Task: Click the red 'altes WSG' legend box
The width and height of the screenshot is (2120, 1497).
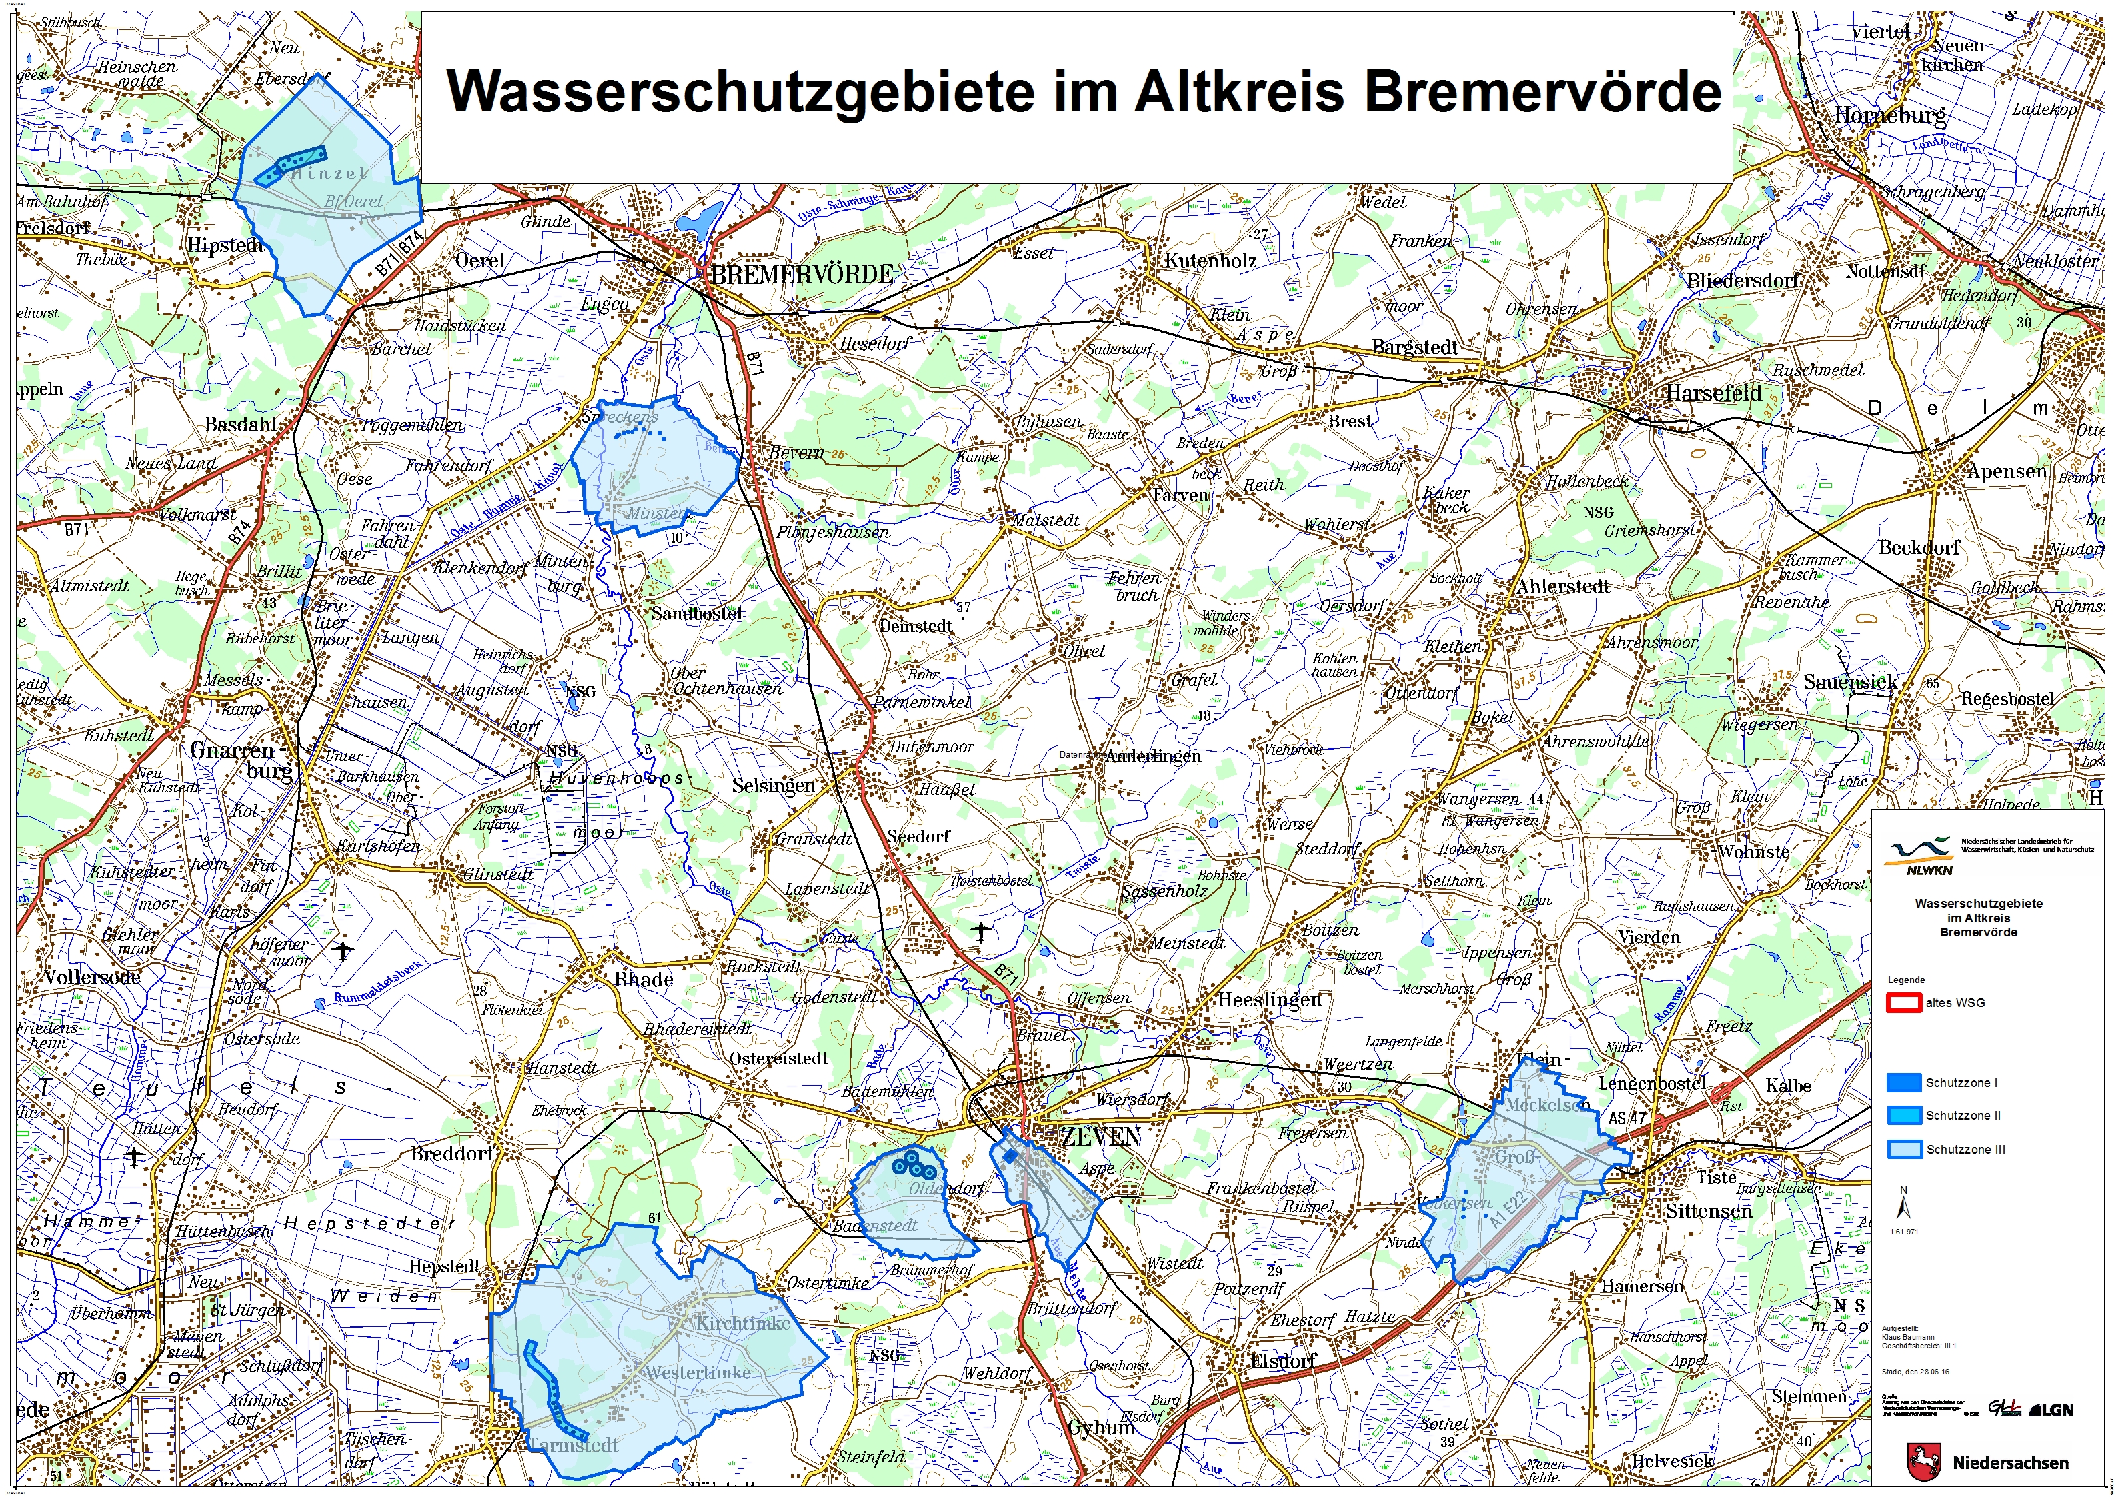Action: coord(1903,1002)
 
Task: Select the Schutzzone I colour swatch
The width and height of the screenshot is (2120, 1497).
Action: coord(1903,1082)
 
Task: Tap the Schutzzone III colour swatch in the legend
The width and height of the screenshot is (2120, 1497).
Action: coord(1903,1149)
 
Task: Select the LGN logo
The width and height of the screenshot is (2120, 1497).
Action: coord(2051,1410)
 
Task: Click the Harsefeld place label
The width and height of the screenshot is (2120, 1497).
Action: coord(1713,393)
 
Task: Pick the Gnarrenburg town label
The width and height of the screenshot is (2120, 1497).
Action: coord(233,750)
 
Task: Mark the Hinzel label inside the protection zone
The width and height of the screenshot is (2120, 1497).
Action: coord(329,173)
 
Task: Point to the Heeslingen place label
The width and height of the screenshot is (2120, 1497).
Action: coord(1270,1000)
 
